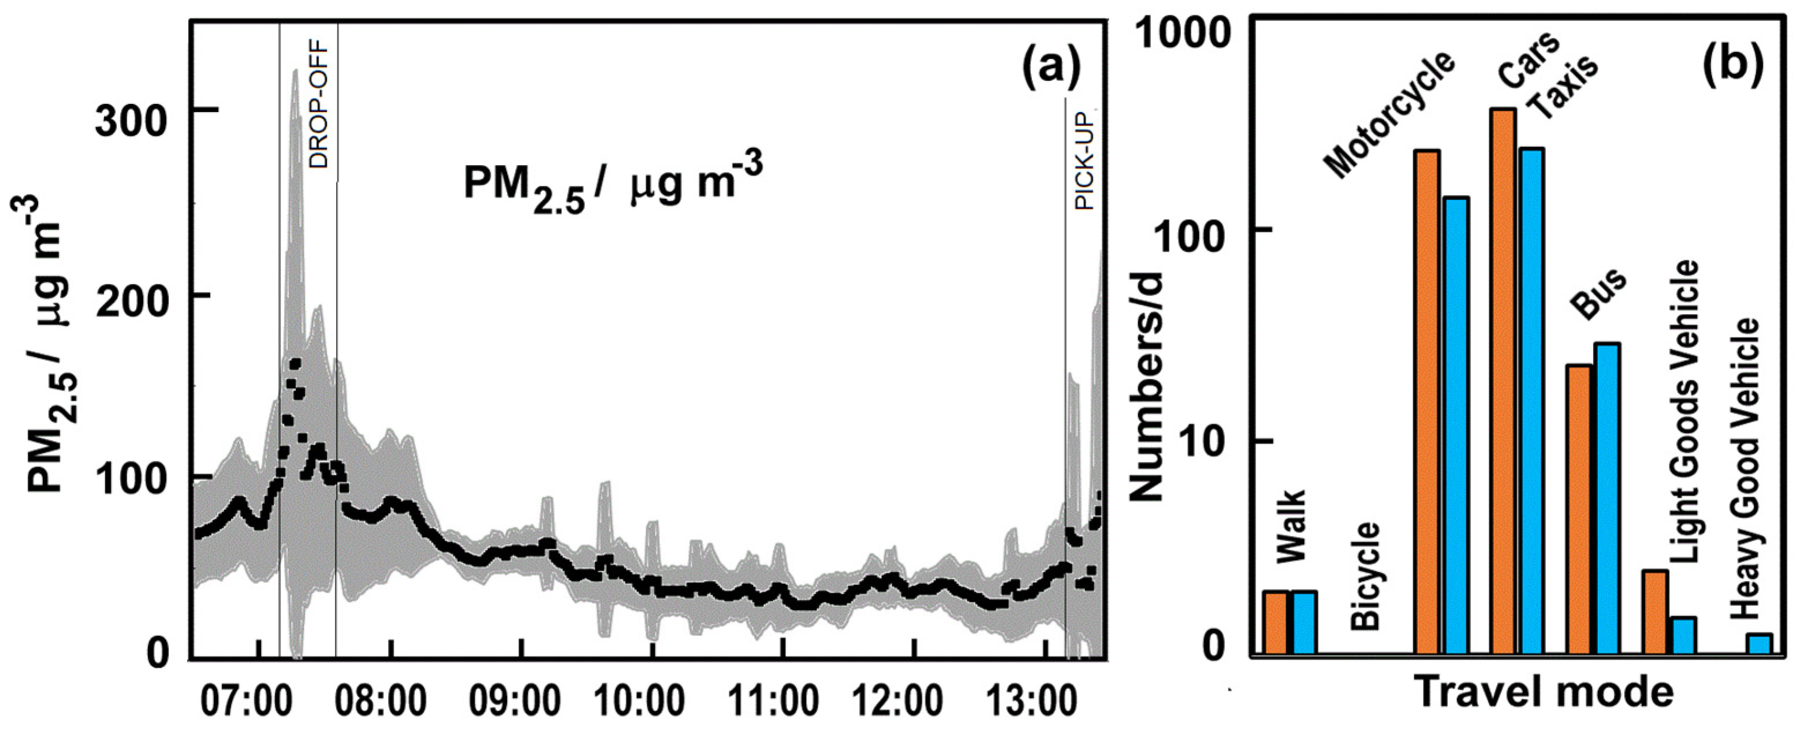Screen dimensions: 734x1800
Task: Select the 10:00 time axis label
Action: coord(639,701)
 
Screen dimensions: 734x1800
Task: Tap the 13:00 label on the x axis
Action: coord(1031,701)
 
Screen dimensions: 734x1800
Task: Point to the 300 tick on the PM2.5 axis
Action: coord(133,123)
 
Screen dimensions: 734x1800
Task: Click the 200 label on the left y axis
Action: coord(133,305)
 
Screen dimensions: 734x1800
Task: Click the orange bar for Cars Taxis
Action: coord(1503,381)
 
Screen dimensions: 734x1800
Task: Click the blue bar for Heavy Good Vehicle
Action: coord(1760,644)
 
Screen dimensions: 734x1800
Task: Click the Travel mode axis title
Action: coord(1545,692)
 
